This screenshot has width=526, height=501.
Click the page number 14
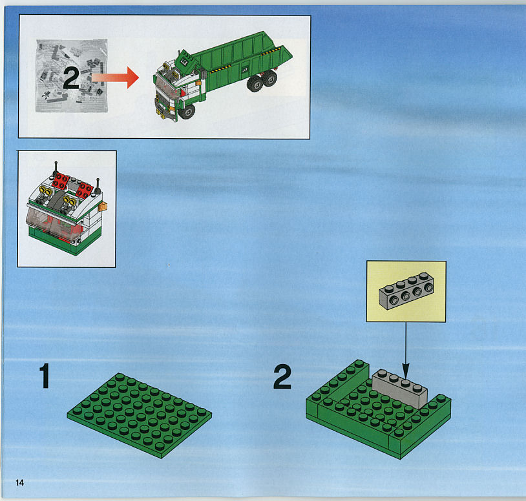pyautogui.click(x=20, y=482)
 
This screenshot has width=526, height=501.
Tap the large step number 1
pyautogui.click(x=45, y=376)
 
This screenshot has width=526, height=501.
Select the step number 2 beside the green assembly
pyautogui.click(x=282, y=377)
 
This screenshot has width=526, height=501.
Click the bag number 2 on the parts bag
pyautogui.click(x=71, y=77)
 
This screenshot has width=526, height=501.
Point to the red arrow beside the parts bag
pyautogui.click(x=115, y=77)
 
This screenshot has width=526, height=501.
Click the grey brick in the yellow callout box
pyautogui.click(x=406, y=291)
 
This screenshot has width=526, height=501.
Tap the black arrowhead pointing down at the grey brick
pyautogui.click(x=406, y=371)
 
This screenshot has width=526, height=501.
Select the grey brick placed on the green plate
pyautogui.click(x=399, y=388)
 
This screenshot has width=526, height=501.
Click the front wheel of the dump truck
pyautogui.click(x=187, y=112)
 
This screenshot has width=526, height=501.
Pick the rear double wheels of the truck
pyautogui.click(x=262, y=82)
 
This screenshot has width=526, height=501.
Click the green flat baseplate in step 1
pyautogui.click(x=139, y=415)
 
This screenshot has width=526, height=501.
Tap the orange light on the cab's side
pyautogui.click(x=103, y=207)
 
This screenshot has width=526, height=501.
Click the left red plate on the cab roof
pyautogui.click(x=61, y=181)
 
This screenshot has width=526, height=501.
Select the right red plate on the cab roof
pyautogui.click(x=84, y=190)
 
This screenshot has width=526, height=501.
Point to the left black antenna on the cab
pyautogui.click(x=56, y=169)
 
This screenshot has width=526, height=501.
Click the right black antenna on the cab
pyautogui.click(x=98, y=185)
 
